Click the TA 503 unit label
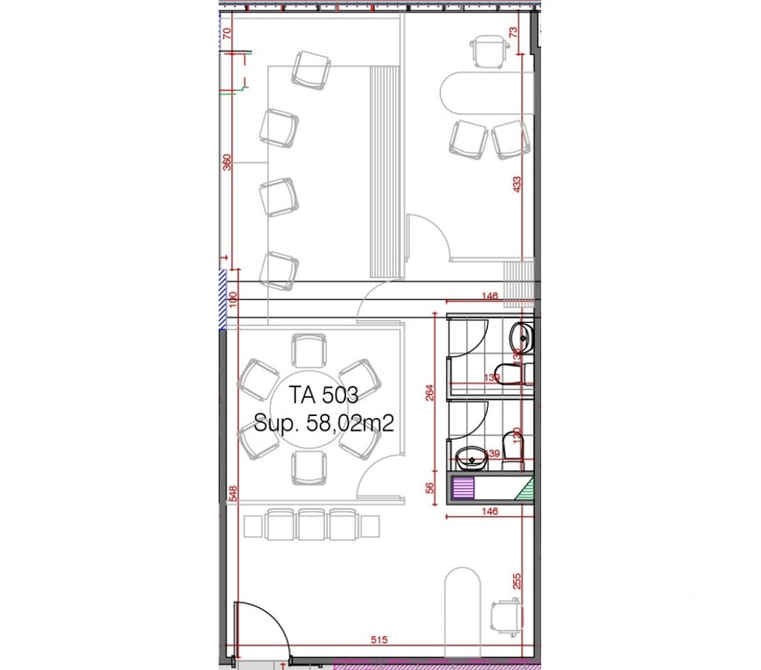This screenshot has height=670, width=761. [x=324, y=394]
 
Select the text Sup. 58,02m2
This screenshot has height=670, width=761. [x=324, y=424]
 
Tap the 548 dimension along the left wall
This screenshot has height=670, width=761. [x=232, y=493]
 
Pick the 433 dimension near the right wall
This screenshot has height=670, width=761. [x=516, y=184]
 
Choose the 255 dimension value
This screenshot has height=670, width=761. [x=517, y=580]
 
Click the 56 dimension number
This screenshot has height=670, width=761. [x=429, y=489]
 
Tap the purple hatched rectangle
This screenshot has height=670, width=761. [x=464, y=489]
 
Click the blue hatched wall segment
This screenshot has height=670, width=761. [x=223, y=299]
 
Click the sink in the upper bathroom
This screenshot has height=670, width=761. [x=521, y=334]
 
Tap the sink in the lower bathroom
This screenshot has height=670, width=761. [x=471, y=455]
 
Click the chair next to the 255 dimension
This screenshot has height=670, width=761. [x=504, y=615]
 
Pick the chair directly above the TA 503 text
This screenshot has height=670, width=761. [x=308, y=352]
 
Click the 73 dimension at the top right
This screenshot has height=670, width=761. [x=513, y=32]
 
